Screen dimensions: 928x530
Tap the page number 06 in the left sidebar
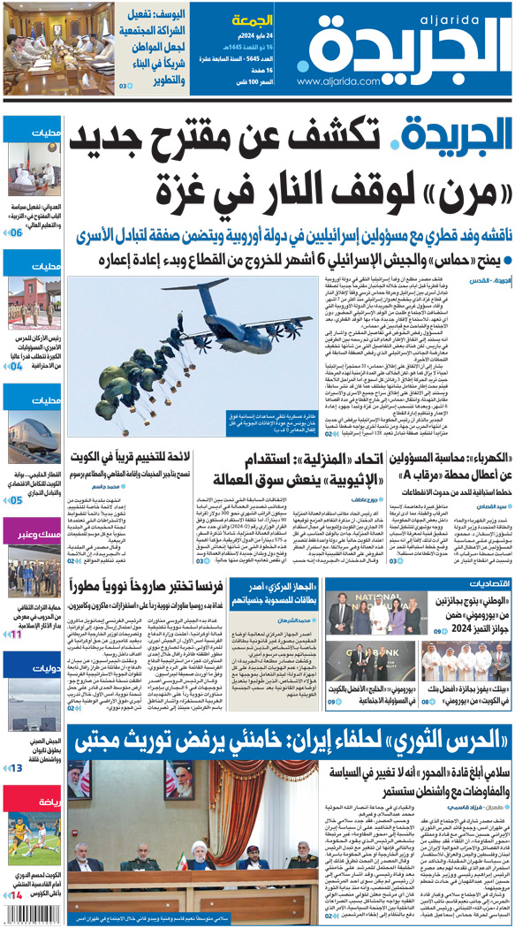(16, 233)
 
